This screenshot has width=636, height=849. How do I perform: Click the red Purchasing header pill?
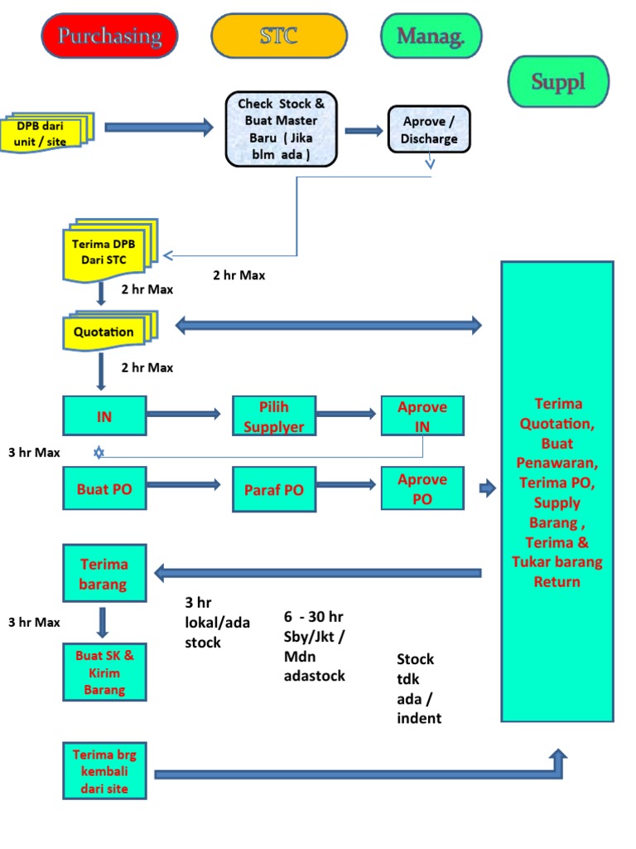tap(110, 36)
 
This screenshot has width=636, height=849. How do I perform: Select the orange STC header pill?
tap(279, 36)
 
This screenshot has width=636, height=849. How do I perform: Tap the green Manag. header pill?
tap(431, 36)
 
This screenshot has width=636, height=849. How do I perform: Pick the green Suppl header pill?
tap(558, 81)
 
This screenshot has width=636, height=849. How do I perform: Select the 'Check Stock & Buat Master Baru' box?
tap(282, 129)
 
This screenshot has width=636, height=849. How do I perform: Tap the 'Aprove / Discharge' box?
tap(429, 129)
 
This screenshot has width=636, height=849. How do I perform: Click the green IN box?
tap(104, 416)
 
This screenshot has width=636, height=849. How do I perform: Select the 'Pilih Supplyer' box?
tap(274, 416)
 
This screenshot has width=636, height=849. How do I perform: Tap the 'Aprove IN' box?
tap(422, 416)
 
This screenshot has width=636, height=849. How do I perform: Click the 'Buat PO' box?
tap(104, 488)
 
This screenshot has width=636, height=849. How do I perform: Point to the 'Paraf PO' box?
tap(274, 489)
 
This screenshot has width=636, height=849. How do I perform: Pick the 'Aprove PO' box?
tap(422, 488)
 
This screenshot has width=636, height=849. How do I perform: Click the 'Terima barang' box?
tap(104, 574)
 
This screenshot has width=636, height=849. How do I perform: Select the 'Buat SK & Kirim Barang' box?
tap(104, 672)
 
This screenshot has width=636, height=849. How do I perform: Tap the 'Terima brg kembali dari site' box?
tap(104, 771)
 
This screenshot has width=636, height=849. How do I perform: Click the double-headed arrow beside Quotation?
tap(328, 325)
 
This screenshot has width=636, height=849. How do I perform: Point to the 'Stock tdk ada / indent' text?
tap(419, 688)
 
